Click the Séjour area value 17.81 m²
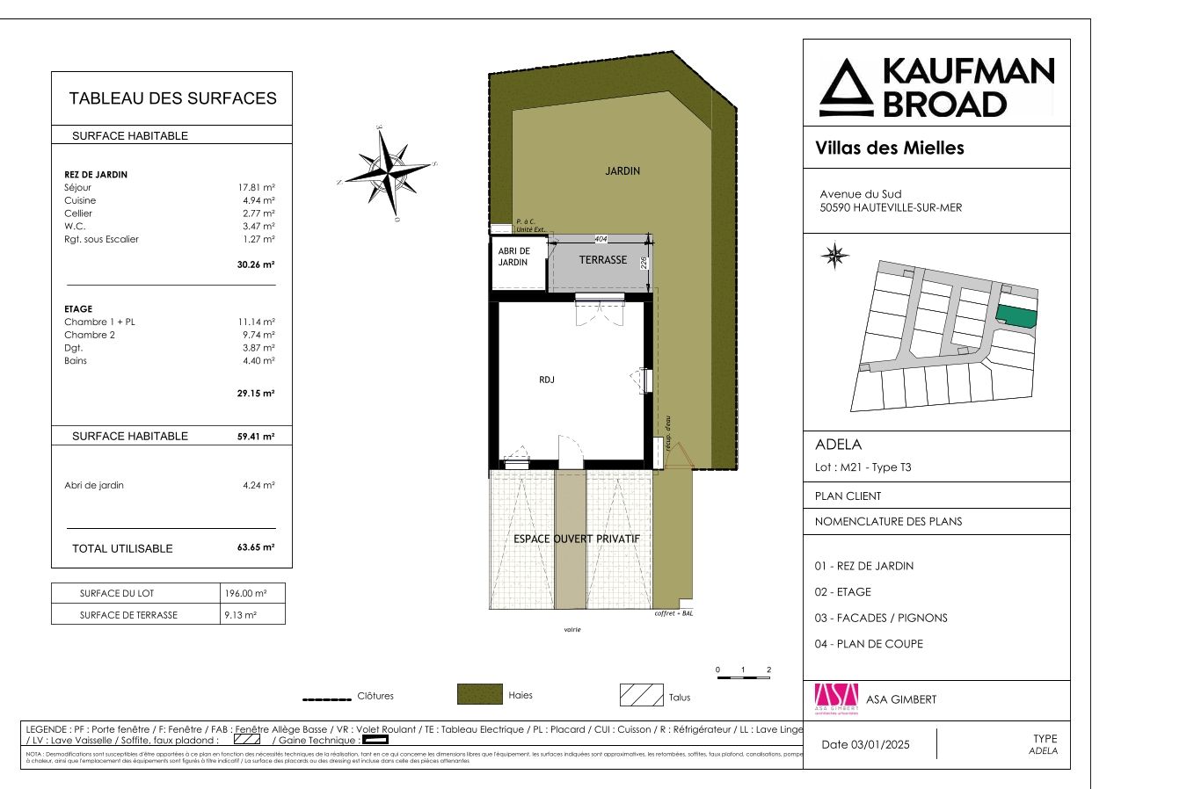click(x=256, y=188)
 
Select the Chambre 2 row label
click(x=90, y=335)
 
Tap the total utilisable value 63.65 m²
click(x=256, y=547)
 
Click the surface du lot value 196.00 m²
click(x=245, y=593)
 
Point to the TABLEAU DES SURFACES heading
click(x=172, y=98)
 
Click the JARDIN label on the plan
click(x=622, y=171)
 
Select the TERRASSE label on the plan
click(x=603, y=260)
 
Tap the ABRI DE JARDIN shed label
click(x=514, y=257)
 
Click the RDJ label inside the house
click(x=547, y=380)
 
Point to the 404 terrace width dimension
click(x=601, y=239)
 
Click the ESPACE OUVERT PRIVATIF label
click(x=577, y=539)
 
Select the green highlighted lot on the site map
click(x=1016, y=316)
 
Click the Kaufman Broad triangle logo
click(x=846, y=89)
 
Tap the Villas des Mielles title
click(x=890, y=148)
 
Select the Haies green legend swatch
click(x=479, y=694)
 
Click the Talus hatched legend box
click(x=641, y=695)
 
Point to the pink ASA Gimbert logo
click(x=836, y=699)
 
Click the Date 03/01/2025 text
click(x=865, y=744)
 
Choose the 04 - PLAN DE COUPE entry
click(x=869, y=644)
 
